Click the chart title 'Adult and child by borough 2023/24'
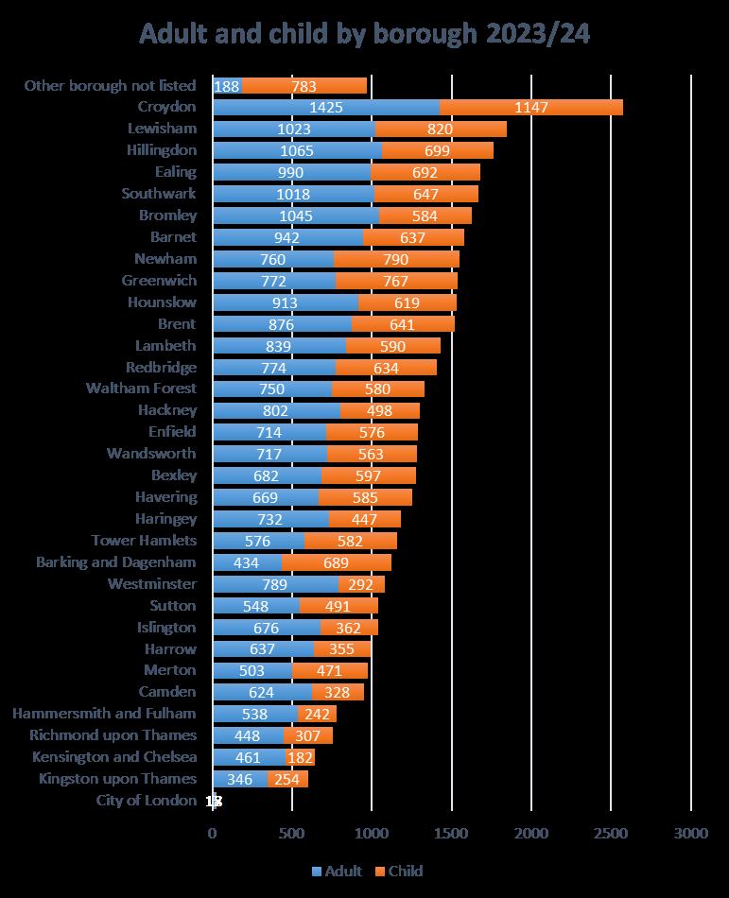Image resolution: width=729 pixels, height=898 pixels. [x=364, y=34]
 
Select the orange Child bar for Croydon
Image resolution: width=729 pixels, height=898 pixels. [x=531, y=107]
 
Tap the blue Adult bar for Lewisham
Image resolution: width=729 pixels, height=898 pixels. [x=293, y=129]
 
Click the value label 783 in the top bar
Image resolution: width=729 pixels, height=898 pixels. [x=304, y=86]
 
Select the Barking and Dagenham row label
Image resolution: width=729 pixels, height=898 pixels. [x=116, y=561]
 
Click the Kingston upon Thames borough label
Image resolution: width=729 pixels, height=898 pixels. [x=118, y=778]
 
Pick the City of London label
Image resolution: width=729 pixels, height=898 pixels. [x=147, y=800]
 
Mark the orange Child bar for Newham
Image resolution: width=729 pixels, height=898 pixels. [x=397, y=258]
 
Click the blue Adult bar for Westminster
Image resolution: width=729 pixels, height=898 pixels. [x=275, y=583]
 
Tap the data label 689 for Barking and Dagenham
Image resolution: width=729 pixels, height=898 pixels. [x=337, y=561]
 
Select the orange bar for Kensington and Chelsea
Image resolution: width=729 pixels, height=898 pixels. [x=301, y=756]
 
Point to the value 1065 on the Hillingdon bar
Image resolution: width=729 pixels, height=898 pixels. [x=297, y=150]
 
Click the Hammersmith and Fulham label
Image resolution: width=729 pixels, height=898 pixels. [x=113, y=713]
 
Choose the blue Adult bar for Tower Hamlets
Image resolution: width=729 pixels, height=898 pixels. [x=258, y=541]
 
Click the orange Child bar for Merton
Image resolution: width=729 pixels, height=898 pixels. [x=330, y=670]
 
